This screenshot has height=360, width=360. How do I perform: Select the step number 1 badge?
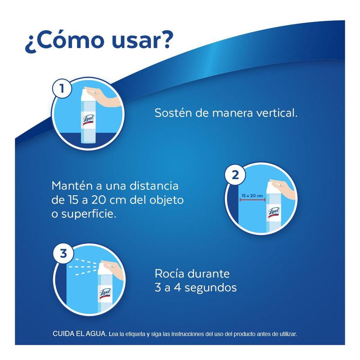tap(62, 89)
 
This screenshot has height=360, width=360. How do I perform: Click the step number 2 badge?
tap(235, 175)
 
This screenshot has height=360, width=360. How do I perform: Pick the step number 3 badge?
tap(63, 253)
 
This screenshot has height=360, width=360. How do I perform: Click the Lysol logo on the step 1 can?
tap(89, 120)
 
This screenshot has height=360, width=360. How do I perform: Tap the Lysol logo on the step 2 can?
tap(274, 212)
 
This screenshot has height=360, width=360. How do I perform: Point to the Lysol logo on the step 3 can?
tap(105, 293)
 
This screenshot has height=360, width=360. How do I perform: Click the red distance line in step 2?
tap(252, 200)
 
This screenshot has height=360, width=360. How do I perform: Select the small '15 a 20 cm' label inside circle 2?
tap(252, 196)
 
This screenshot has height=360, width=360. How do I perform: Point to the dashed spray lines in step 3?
tap(84, 266)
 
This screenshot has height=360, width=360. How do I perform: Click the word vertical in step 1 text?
tap(277, 113)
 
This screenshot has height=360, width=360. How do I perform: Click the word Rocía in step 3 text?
tap(170, 274)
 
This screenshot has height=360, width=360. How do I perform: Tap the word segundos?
tap(211, 288)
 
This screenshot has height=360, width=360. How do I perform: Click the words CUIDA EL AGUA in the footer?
tap(80, 333)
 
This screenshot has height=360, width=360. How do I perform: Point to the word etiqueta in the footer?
tap(135, 334)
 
